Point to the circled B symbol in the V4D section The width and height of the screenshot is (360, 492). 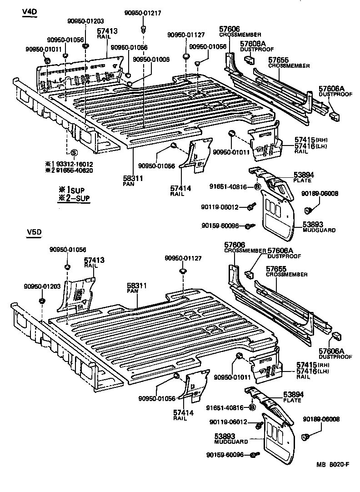tap(257, 186)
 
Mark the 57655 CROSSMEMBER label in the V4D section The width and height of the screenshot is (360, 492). tap(282, 62)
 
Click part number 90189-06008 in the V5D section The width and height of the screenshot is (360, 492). tap(321, 419)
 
